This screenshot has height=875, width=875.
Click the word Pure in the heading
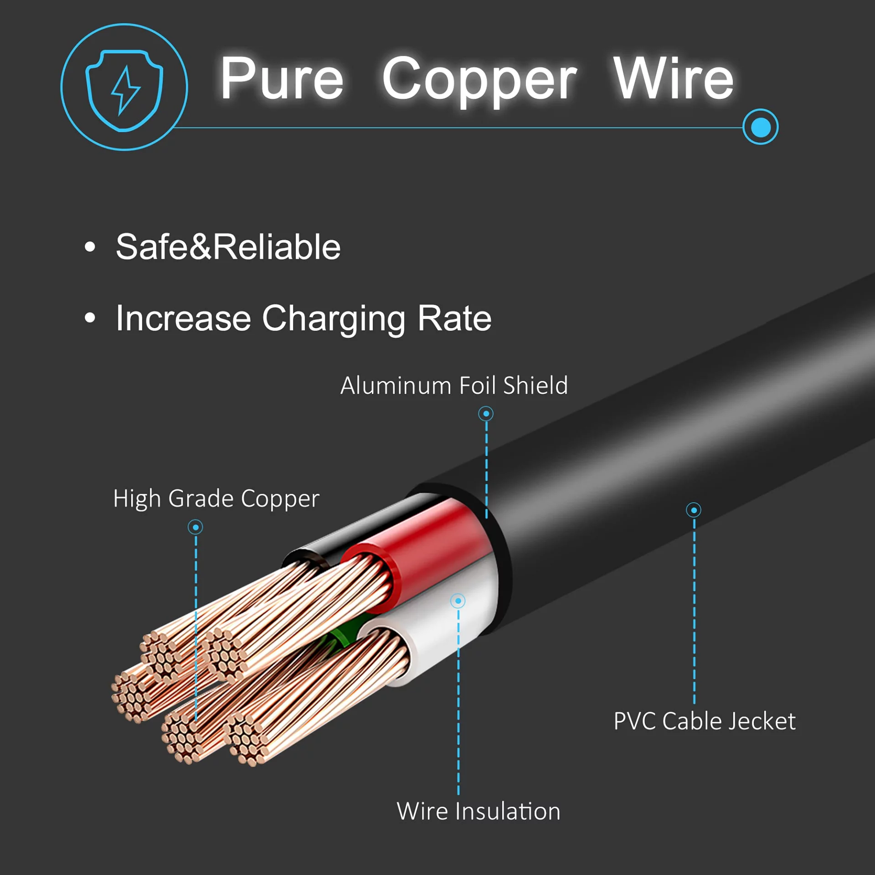[282, 78]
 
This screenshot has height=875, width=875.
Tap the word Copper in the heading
[479, 80]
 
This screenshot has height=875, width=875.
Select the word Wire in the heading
[673, 78]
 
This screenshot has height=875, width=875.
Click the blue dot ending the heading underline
[760, 127]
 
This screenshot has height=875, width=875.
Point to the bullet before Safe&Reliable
[90, 247]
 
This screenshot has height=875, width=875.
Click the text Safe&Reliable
[228, 247]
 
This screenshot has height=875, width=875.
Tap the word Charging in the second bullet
[334, 319]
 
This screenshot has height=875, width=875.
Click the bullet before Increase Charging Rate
[90, 318]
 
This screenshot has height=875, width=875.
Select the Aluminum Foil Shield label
[454, 386]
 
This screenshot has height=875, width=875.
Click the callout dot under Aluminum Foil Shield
[486, 414]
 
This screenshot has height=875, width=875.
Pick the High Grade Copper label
[216, 498]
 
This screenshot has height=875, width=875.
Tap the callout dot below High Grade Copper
[196, 527]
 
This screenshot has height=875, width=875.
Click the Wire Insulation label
[479, 812]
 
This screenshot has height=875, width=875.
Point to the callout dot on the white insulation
[458, 601]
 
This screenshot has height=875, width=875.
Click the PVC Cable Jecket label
[704, 721]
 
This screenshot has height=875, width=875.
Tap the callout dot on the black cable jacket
[694, 510]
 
